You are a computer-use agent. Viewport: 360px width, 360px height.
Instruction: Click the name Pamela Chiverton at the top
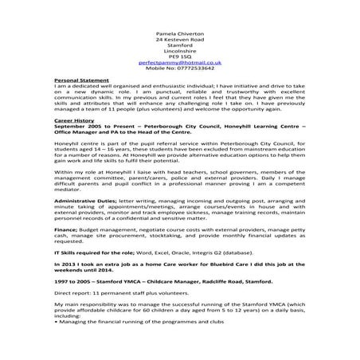[x=179, y=37]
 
